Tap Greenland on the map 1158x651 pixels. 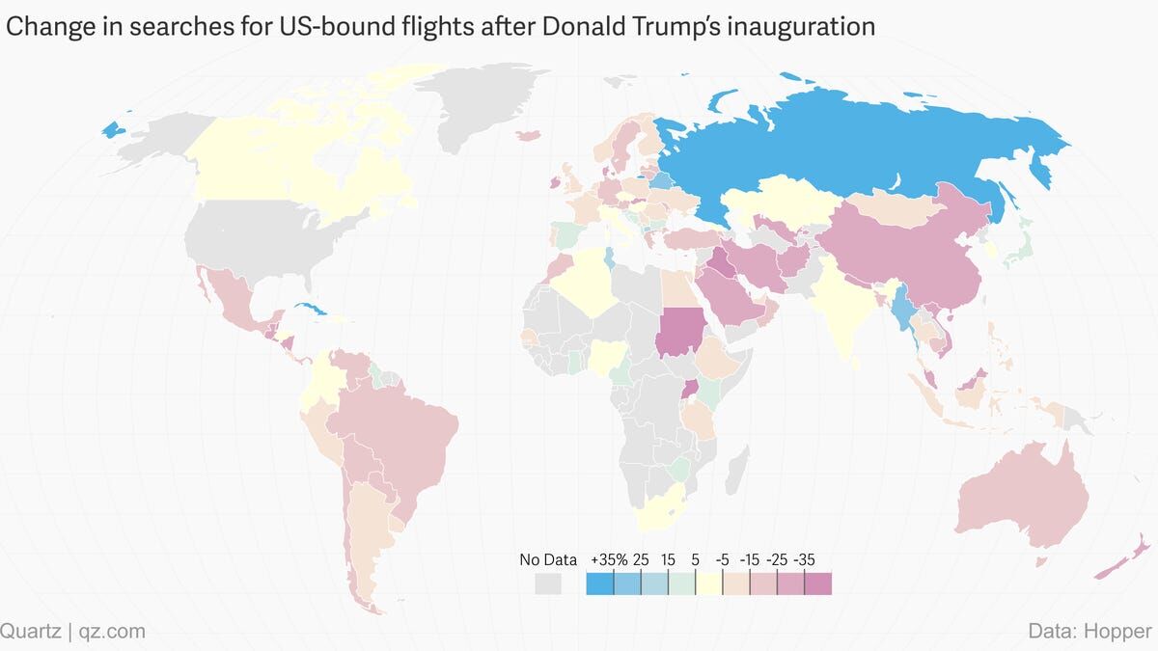482,106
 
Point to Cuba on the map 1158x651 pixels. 314,312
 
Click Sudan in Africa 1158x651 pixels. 683,333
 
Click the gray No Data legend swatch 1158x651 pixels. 548,583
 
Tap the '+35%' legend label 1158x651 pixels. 609,559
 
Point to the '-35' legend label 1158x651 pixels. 804,559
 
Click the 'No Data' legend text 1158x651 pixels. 548,559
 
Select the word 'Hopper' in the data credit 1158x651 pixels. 1119,632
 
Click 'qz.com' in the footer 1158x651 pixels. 114,632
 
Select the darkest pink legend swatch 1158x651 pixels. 817,583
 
